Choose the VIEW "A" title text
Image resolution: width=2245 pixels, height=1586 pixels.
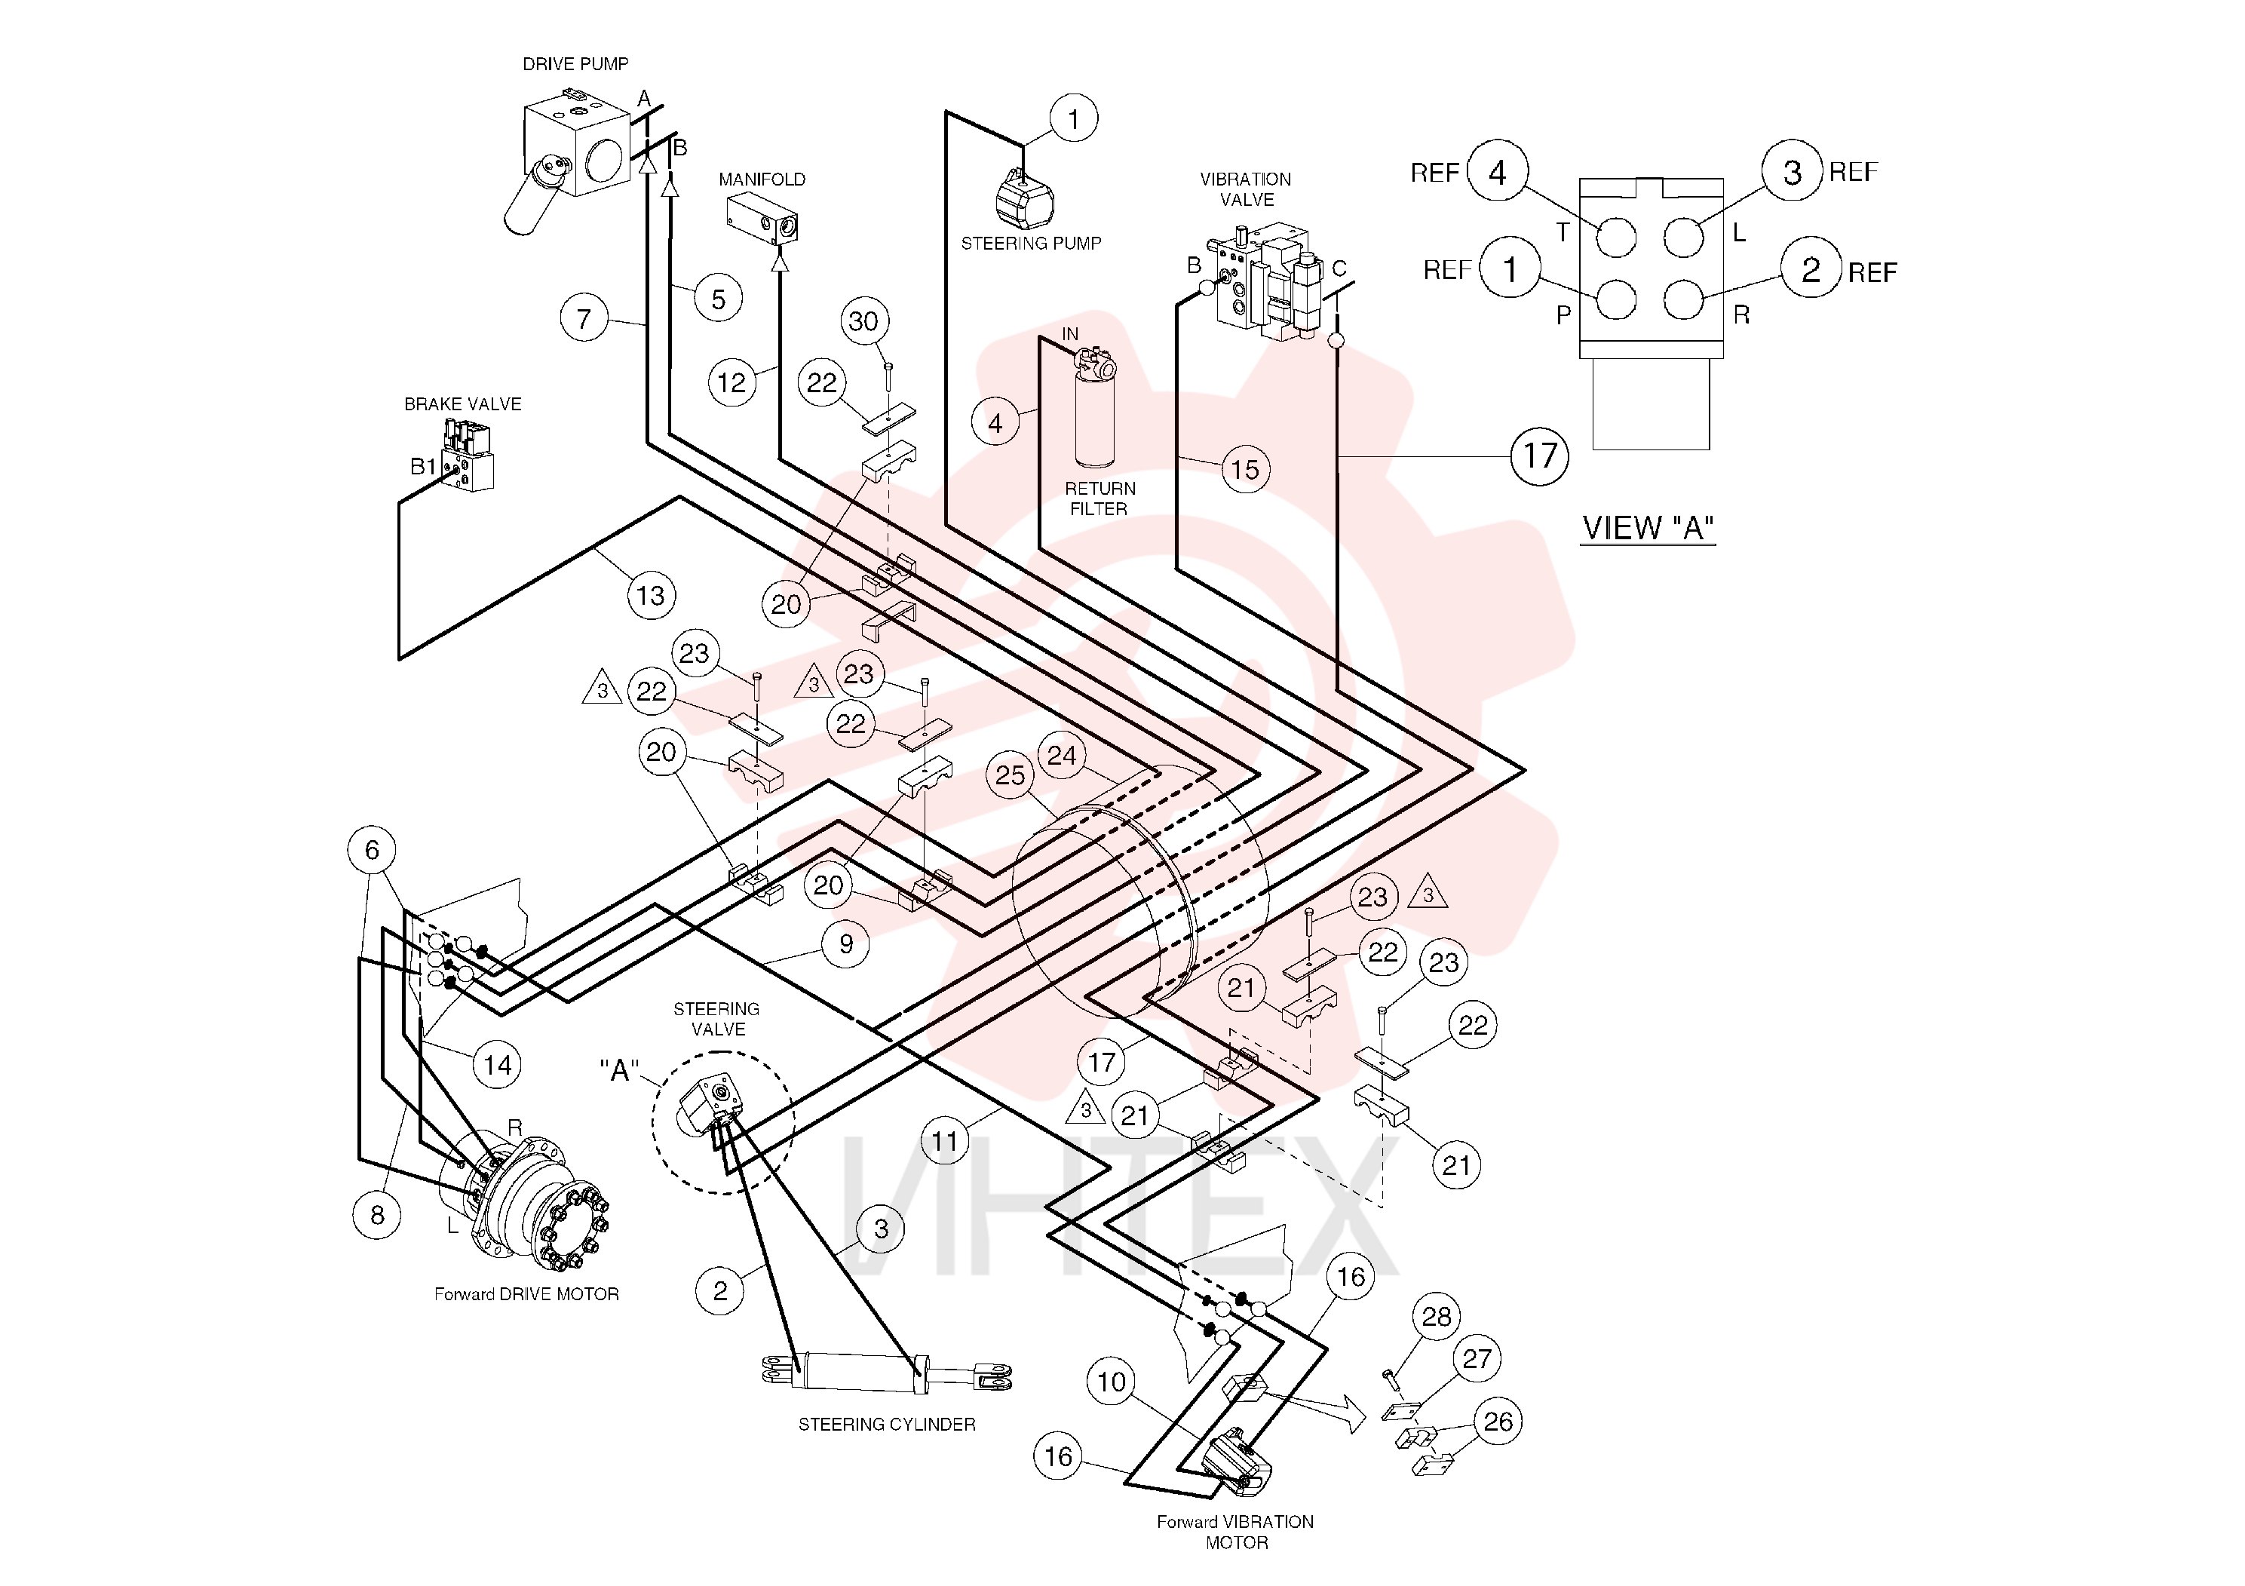click(1648, 528)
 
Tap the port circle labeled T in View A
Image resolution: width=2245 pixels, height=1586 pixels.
click(1616, 238)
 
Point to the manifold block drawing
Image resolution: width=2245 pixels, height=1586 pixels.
click(762, 218)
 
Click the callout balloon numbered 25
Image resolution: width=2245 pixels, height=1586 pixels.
click(1010, 775)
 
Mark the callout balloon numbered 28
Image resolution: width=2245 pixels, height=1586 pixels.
click(1437, 1316)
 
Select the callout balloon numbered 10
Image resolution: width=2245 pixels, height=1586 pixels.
click(1112, 1382)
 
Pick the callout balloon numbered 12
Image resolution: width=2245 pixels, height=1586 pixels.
click(731, 382)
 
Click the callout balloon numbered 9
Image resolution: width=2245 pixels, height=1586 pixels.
click(846, 943)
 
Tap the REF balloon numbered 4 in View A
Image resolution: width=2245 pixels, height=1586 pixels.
click(1498, 172)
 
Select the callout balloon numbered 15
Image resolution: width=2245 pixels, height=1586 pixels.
click(1245, 469)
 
